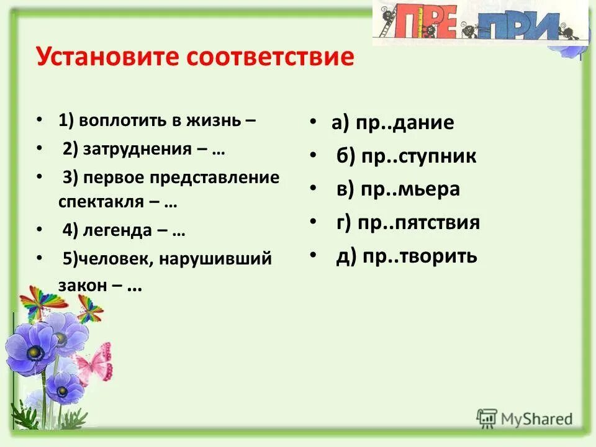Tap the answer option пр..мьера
409,189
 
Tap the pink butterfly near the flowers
94,363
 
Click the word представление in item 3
214,178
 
